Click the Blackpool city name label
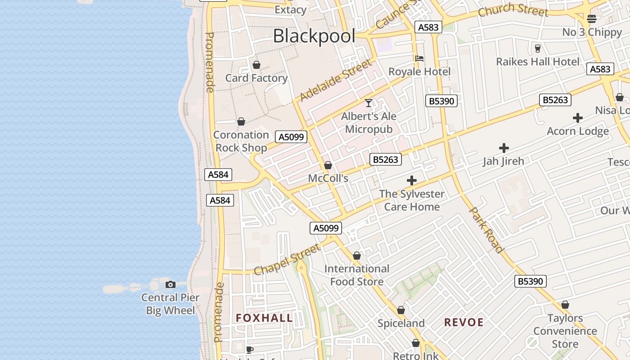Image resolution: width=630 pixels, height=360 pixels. tap(314, 36)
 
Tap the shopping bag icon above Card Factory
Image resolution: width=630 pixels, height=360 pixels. tap(256, 65)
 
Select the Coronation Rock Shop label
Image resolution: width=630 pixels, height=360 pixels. tap(241, 141)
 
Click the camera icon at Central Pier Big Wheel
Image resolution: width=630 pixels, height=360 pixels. tap(170, 284)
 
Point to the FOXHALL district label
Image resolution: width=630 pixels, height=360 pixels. tap(264, 318)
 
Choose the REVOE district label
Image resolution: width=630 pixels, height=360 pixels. tap(463, 322)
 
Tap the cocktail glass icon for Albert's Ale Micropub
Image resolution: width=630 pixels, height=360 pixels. tap(369, 103)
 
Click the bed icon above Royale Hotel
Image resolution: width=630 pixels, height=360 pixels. tap(419, 58)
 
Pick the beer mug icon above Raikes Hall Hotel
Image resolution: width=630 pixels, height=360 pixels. tap(537, 48)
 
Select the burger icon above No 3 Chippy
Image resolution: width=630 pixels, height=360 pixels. tap(592, 19)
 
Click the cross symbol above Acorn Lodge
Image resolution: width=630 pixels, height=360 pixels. tap(578, 118)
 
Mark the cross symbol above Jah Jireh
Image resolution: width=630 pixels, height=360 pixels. tap(504, 148)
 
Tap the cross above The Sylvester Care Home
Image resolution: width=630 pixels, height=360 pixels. tap(411, 181)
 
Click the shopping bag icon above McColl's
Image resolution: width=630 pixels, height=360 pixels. tap(328, 165)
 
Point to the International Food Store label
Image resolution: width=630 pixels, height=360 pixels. tap(357, 275)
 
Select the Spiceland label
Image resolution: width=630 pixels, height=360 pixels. tap(401, 323)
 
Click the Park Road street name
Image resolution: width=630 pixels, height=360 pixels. tap(486, 229)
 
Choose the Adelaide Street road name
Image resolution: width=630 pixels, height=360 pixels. tap(336, 80)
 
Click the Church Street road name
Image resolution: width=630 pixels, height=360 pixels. tap(513, 10)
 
